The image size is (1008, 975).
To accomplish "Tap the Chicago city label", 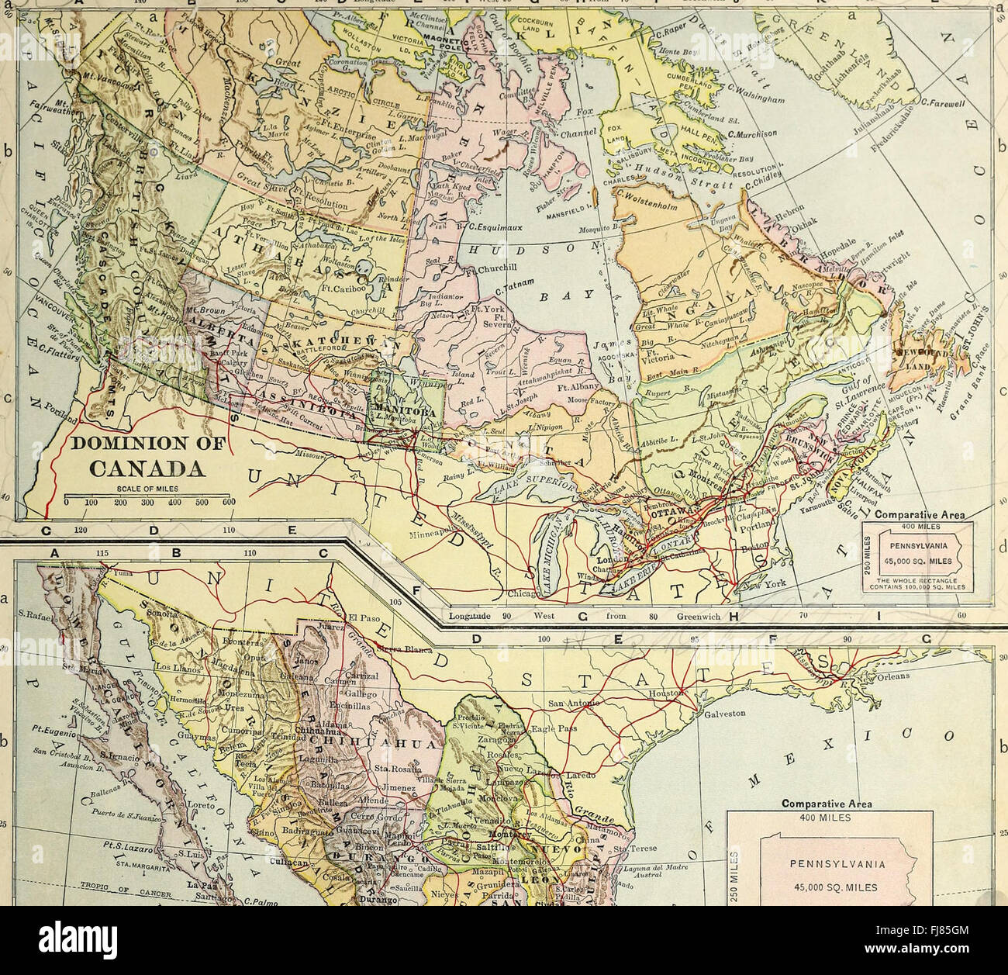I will [513, 593].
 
